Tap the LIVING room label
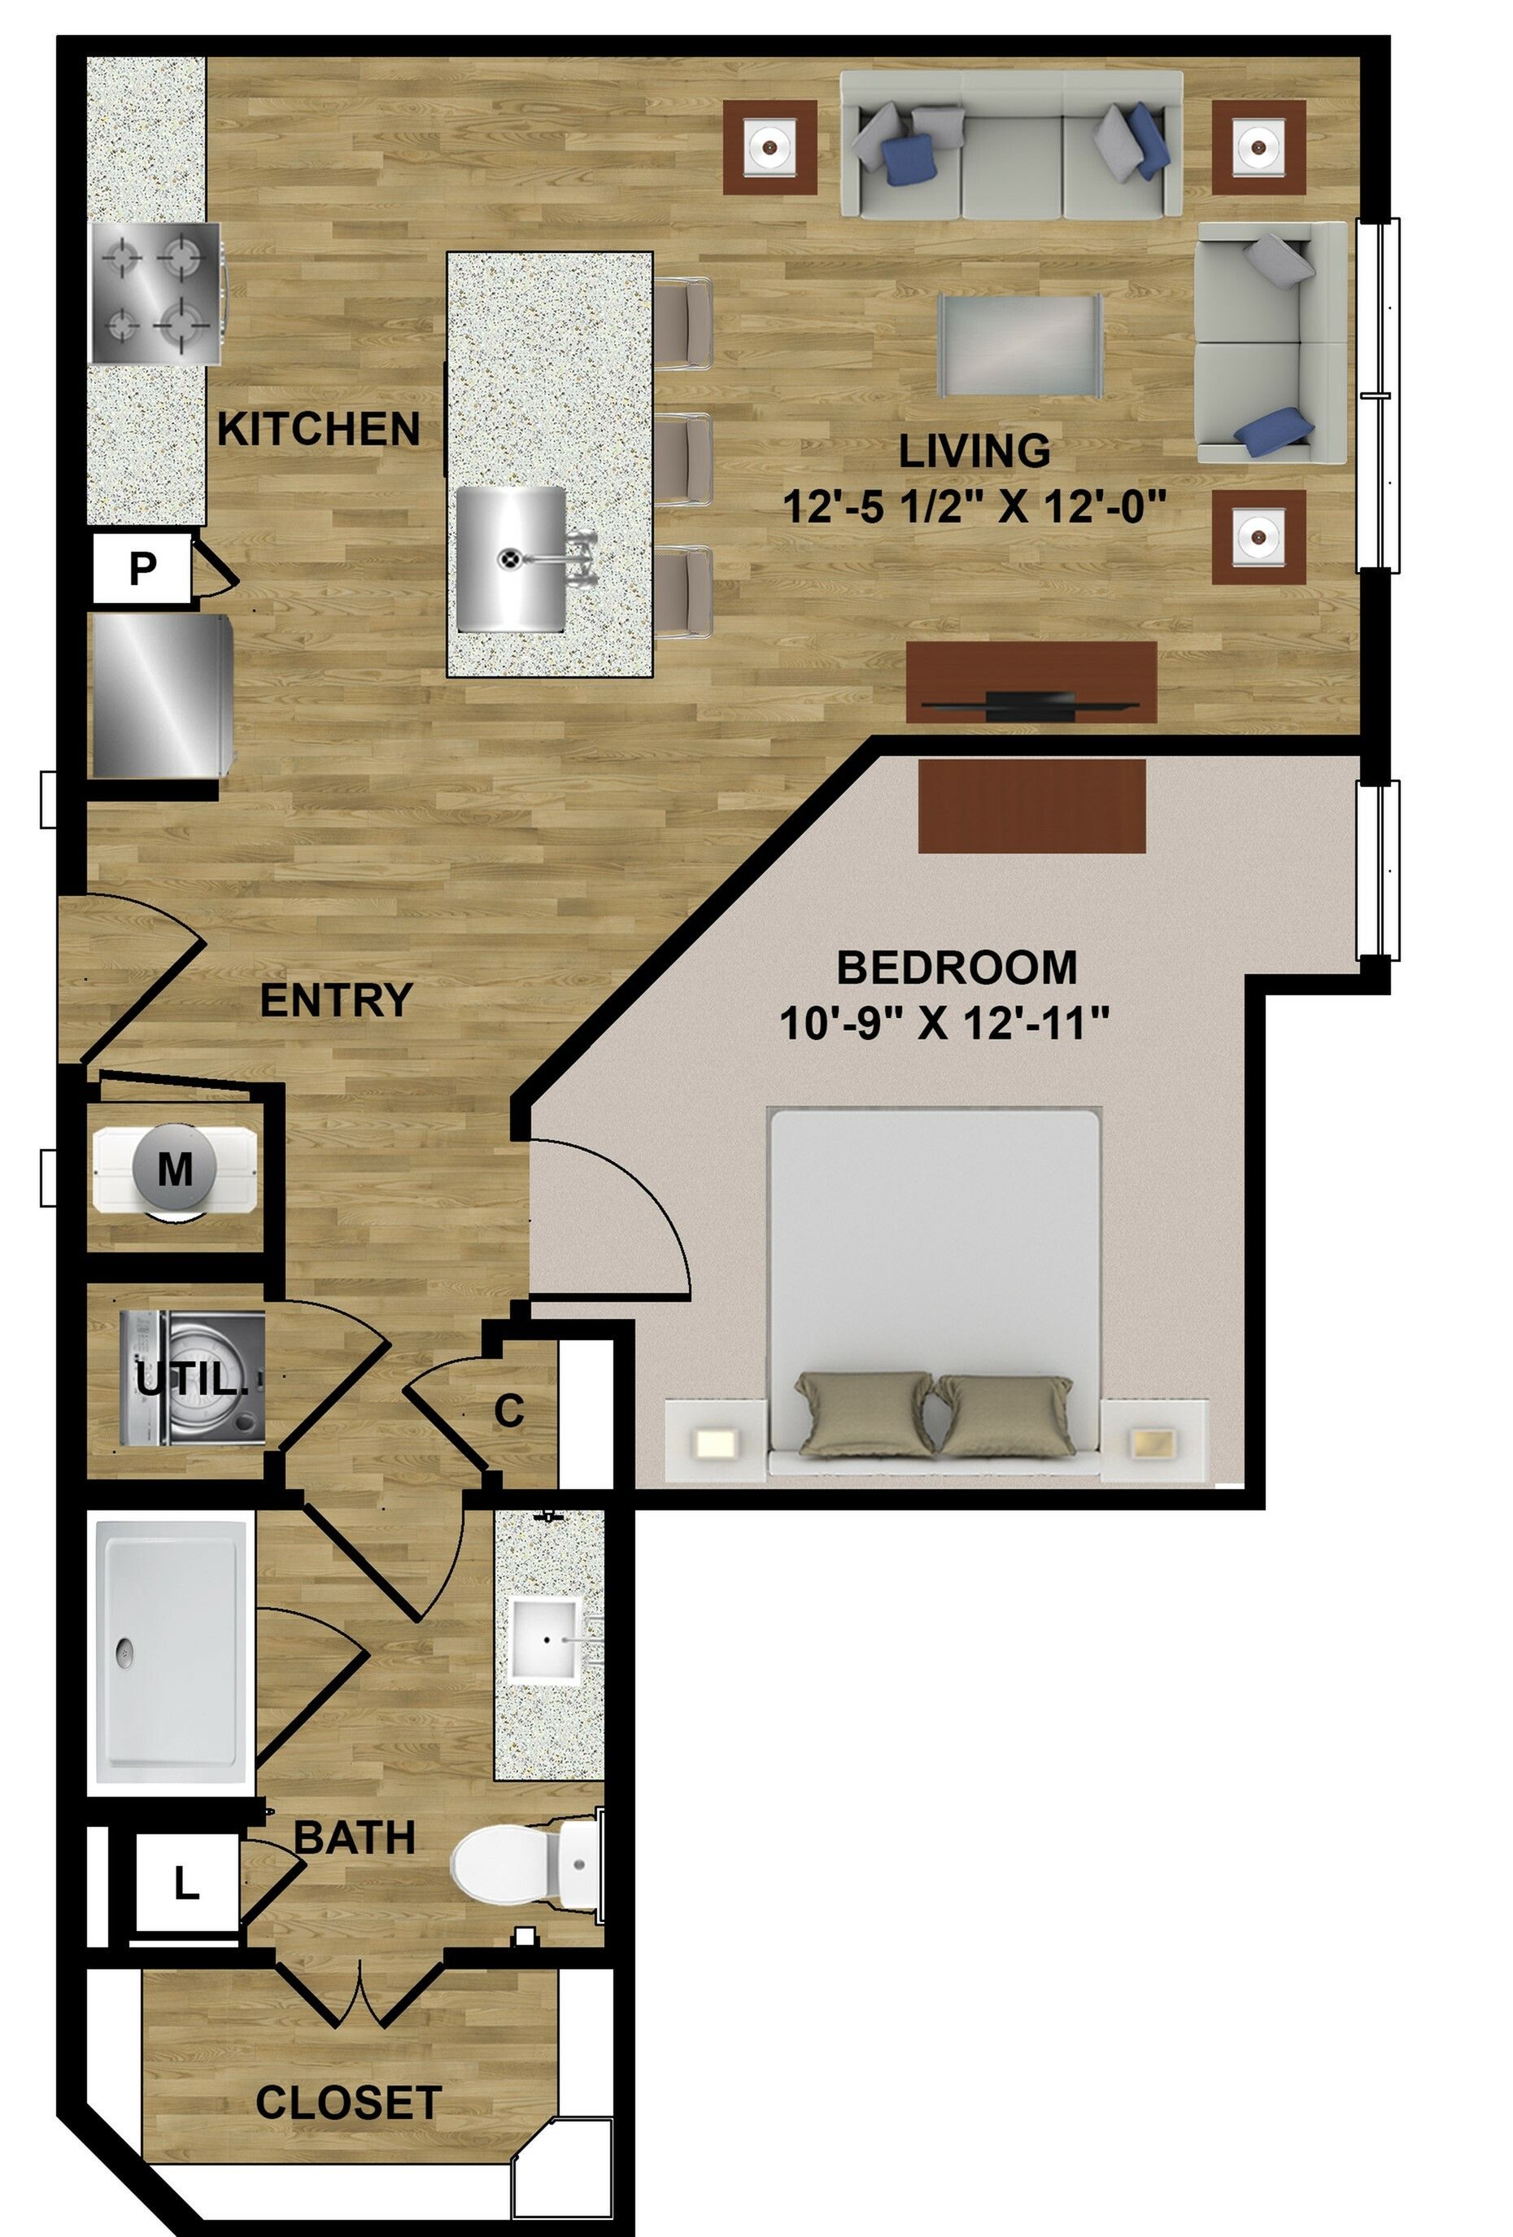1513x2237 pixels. coord(974,452)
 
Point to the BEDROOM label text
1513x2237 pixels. coord(956,968)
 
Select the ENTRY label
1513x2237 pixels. coord(336,1000)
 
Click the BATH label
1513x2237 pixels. coord(354,1837)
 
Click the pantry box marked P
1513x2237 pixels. coord(142,568)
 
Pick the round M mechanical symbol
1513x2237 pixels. coord(175,1169)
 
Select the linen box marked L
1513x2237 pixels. coord(185,1882)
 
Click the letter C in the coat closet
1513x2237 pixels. coord(509,1411)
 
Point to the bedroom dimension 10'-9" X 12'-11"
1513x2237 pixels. coord(944,1022)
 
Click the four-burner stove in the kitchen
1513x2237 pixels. coord(156,294)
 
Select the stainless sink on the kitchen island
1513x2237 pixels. coord(511,558)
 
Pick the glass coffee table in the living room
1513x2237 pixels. coord(1020,344)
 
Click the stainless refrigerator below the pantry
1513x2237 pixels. coord(162,696)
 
